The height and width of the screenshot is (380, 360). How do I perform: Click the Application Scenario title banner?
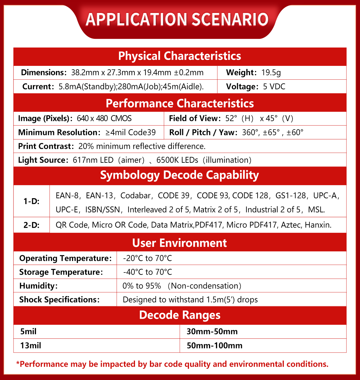coord(177,19)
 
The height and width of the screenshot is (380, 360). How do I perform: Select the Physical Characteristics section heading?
coord(180,56)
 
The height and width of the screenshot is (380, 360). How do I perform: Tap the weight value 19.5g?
coord(271,73)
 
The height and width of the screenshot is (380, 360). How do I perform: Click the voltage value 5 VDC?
coord(274,86)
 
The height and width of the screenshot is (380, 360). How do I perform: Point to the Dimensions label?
coord(44,73)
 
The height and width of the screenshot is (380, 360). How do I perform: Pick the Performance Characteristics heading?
coord(180,103)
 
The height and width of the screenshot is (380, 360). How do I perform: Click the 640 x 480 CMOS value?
coord(104,118)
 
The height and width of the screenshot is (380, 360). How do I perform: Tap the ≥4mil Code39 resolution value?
coord(130,132)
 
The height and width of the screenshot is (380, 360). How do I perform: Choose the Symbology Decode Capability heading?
coord(180,175)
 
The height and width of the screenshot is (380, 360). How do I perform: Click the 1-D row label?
coord(31,201)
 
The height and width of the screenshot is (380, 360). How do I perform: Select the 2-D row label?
coord(31,225)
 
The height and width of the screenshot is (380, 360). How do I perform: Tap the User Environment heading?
coord(180,243)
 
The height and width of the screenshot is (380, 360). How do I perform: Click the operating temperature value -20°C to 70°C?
coord(147,258)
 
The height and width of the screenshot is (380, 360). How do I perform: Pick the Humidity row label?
coord(38,286)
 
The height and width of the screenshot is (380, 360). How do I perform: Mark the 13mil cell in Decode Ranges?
coord(31,345)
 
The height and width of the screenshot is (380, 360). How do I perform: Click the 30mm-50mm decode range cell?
coord(212,332)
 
